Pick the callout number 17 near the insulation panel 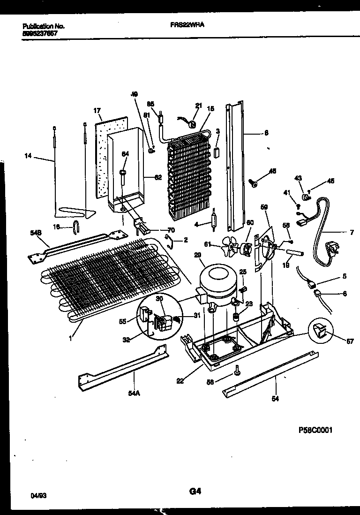[97, 111]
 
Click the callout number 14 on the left [28, 156]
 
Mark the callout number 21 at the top [198, 106]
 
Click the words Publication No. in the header [43, 27]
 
